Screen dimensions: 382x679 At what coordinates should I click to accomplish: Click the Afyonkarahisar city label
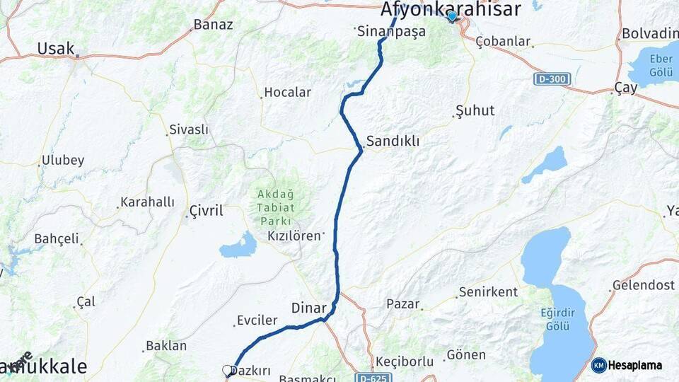[451, 9]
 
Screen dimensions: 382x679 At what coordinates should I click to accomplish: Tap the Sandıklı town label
[393, 141]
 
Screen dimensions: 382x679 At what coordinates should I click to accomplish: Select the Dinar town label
[309, 308]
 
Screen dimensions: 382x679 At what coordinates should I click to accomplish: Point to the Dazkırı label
[252, 371]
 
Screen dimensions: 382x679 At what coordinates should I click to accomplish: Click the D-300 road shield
[551, 79]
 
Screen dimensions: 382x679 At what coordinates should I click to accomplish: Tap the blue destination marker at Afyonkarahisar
[452, 16]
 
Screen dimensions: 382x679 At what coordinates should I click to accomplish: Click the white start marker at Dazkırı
[228, 370]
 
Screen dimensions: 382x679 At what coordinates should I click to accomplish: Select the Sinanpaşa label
[391, 31]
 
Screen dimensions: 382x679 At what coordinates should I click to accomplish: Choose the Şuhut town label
[475, 110]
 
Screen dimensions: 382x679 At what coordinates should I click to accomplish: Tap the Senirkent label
[488, 291]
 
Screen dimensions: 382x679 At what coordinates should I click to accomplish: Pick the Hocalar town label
[287, 92]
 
